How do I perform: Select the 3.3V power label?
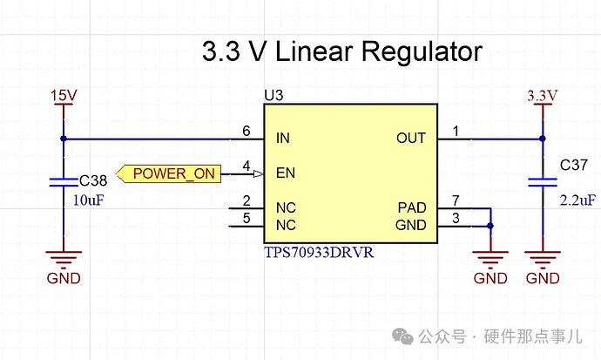542,94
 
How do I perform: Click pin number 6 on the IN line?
246,130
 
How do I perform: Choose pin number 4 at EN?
246,165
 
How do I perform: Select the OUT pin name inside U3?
411,139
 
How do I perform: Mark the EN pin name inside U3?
285,173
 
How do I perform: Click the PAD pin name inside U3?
412,209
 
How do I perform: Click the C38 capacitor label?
93,181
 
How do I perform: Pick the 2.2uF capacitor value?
577,200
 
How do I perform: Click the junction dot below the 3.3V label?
542,139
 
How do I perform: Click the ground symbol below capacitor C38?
63,258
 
